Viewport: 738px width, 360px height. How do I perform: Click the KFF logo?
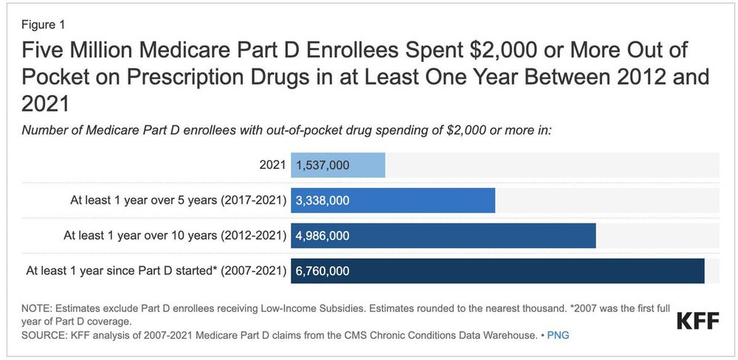pos(697,322)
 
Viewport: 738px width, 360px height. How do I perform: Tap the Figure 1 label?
pos(43,24)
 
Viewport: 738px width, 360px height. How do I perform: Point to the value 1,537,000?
pos(323,165)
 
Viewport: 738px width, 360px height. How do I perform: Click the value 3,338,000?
pos(323,200)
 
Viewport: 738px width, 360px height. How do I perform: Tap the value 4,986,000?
pos(323,235)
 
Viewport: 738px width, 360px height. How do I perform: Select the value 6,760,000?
pos(323,271)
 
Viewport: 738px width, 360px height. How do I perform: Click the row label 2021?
pos(272,165)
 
